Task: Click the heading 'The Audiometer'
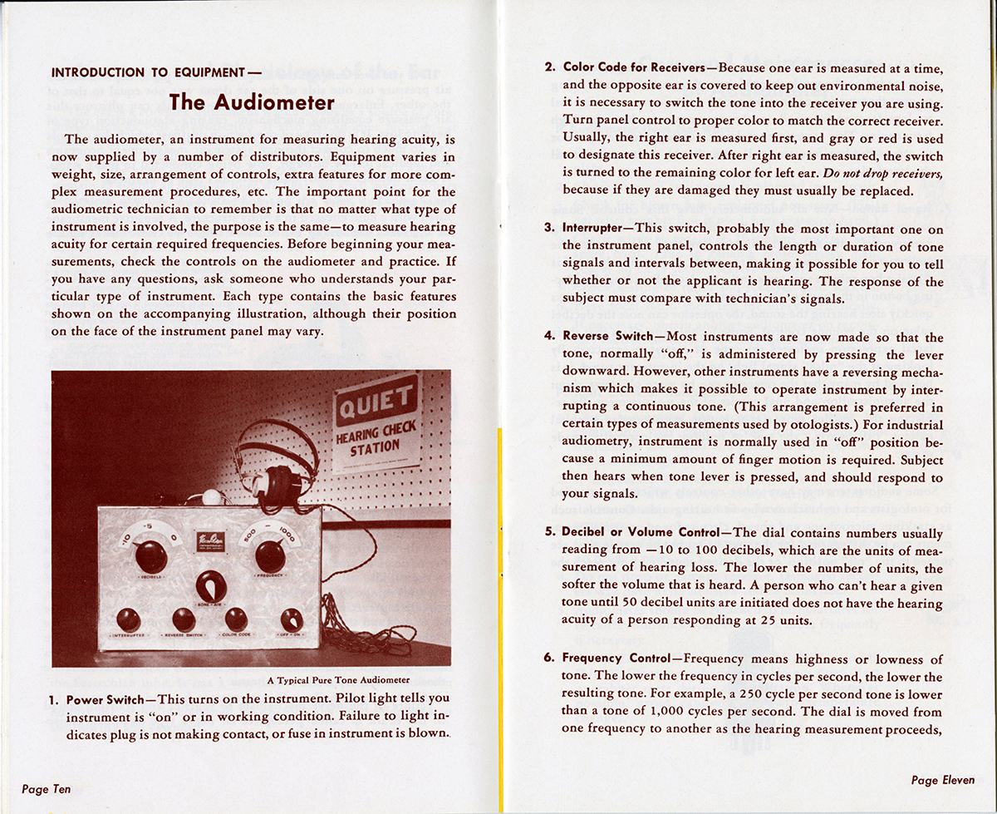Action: pos(253,103)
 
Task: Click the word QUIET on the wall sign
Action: pos(376,404)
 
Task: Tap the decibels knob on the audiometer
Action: pos(150,555)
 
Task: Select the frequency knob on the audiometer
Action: pos(270,555)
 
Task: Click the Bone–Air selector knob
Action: pos(210,587)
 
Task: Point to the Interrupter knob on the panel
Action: pos(128,619)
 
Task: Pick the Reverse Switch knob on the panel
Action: pos(184,619)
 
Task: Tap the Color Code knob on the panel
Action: pos(236,619)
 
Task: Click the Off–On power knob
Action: pos(292,620)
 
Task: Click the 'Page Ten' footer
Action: pos(47,789)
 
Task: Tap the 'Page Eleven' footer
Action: pos(943,780)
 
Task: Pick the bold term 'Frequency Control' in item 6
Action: pos(615,659)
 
